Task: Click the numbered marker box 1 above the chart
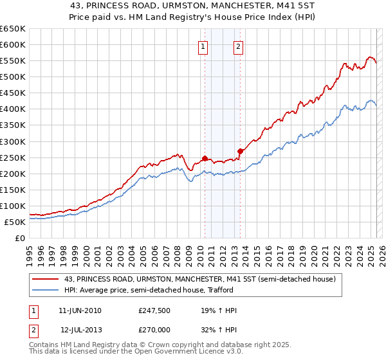pyautogui.click(x=203, y=46)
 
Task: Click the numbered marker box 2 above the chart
pyautogui.click(x=238, y=46)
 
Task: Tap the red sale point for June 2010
pyautogui.click(x=205, y=158)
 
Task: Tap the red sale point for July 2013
pyautogui.click(x=240, y=151)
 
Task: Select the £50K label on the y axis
pyautogui.click(x=15, y=222)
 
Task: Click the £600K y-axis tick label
pyautogui.click(x=13, y=44)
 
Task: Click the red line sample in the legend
pyautogui.click(x=46, y=280)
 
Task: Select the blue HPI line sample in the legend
pyautogui.click(x=46, y=290)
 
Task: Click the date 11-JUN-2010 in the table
pyautogui.click(x=80, y=310)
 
